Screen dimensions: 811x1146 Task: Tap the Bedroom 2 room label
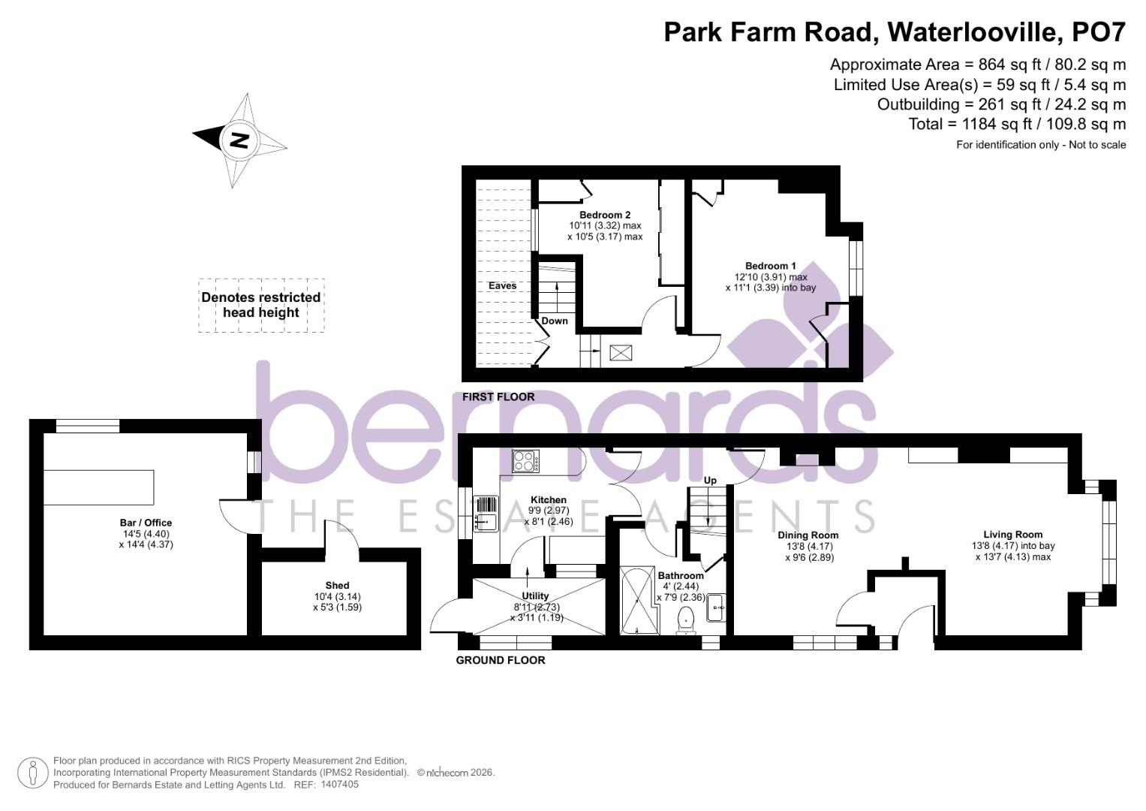604,215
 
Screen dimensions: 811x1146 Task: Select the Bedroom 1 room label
770,266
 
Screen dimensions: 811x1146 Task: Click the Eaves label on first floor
502,286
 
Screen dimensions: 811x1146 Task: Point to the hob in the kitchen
526,461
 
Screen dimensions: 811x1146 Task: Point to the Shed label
337,585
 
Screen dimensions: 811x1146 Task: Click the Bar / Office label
146,523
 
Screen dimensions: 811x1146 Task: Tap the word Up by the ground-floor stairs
710,481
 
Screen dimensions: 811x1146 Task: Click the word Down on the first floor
555,321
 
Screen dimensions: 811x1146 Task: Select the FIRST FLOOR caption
498,396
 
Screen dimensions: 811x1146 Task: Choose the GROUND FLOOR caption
501,660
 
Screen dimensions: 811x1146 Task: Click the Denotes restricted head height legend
260,305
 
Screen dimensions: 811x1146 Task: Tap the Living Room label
1012,535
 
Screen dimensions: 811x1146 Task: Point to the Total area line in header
1017,124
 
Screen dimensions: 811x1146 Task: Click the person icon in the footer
33,773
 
